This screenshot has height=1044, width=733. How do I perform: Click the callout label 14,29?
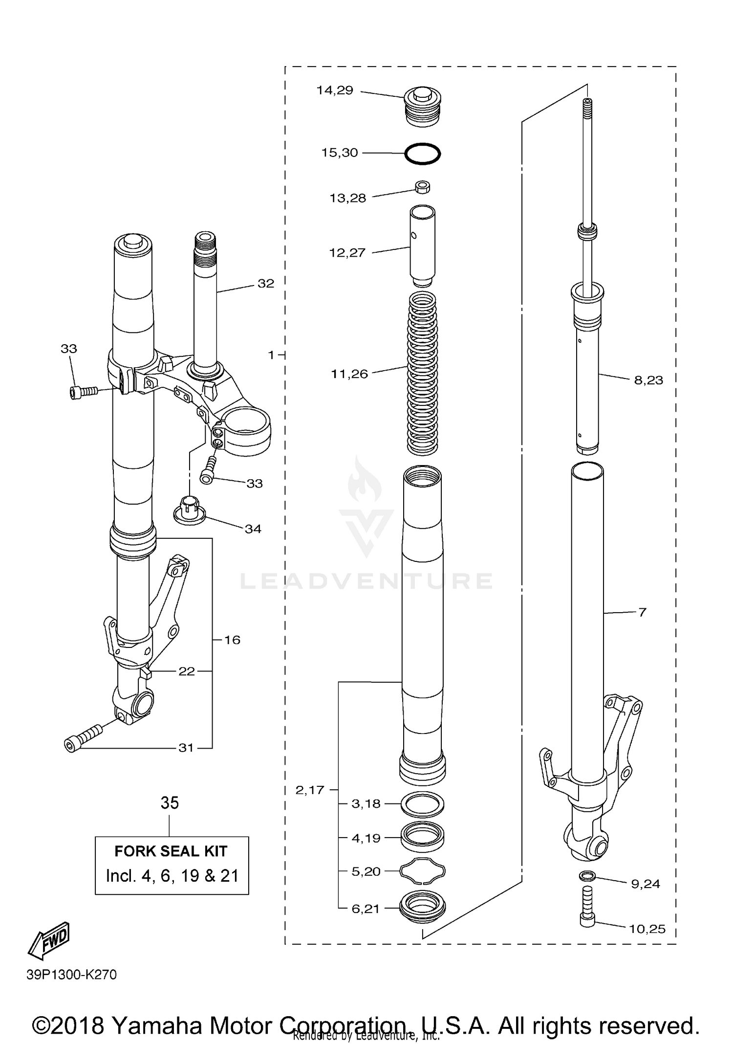(335, 90)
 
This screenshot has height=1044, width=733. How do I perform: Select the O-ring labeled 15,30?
(422, 154)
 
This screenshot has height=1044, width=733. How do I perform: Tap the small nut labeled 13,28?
(422, 187)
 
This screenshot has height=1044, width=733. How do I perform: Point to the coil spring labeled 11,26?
(422, 372)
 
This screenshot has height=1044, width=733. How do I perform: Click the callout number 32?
(266, 284)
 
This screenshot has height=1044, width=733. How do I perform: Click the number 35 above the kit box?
(170, 803)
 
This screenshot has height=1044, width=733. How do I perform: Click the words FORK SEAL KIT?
(171, 851)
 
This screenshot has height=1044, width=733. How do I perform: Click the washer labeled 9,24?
(587, 875)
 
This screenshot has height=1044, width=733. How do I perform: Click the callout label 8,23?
(648, 380)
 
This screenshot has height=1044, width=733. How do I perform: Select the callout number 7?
(642, 612)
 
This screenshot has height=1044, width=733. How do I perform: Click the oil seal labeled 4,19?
(422, 838)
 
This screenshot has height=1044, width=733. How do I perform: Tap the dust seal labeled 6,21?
(422, 908)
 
